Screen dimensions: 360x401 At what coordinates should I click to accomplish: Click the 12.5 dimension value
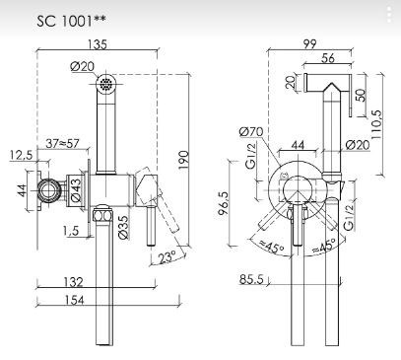click(x=22, y=153)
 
